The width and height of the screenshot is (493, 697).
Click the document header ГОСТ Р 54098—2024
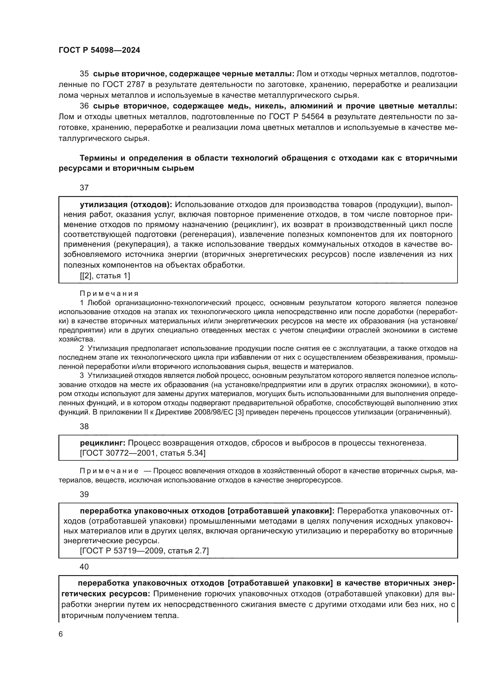coord(99,50)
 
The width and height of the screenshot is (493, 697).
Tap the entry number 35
coord(84,74)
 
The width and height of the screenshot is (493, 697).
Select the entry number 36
coord(84,106)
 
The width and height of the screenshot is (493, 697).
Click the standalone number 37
coord(84,188)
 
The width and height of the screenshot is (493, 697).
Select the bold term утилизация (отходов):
coord(126,205)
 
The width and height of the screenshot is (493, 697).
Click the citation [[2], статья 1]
coord(105,276)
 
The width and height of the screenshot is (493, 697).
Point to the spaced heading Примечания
coord(109,294)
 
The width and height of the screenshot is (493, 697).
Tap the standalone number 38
coord(84,426)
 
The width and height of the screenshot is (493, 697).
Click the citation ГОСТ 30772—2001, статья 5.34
coord(143,453)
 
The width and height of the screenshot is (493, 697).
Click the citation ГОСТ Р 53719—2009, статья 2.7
coord(144,551)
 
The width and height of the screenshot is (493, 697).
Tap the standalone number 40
coord(84,567)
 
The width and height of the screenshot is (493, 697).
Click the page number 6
coord(61,634)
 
